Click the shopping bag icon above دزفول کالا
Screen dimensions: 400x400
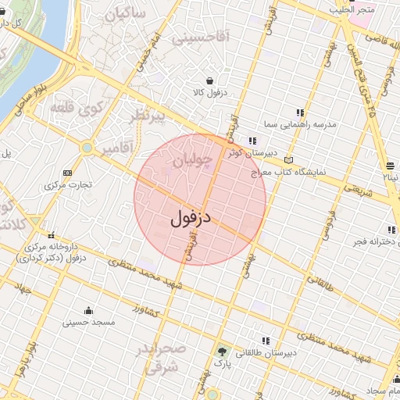click(209, 80)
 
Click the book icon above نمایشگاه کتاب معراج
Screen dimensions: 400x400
click(289, 159)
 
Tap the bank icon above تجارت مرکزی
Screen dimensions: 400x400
click(67, 173)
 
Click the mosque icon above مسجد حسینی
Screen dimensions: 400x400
click(88, 309)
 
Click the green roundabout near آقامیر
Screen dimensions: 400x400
click(87, 147)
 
